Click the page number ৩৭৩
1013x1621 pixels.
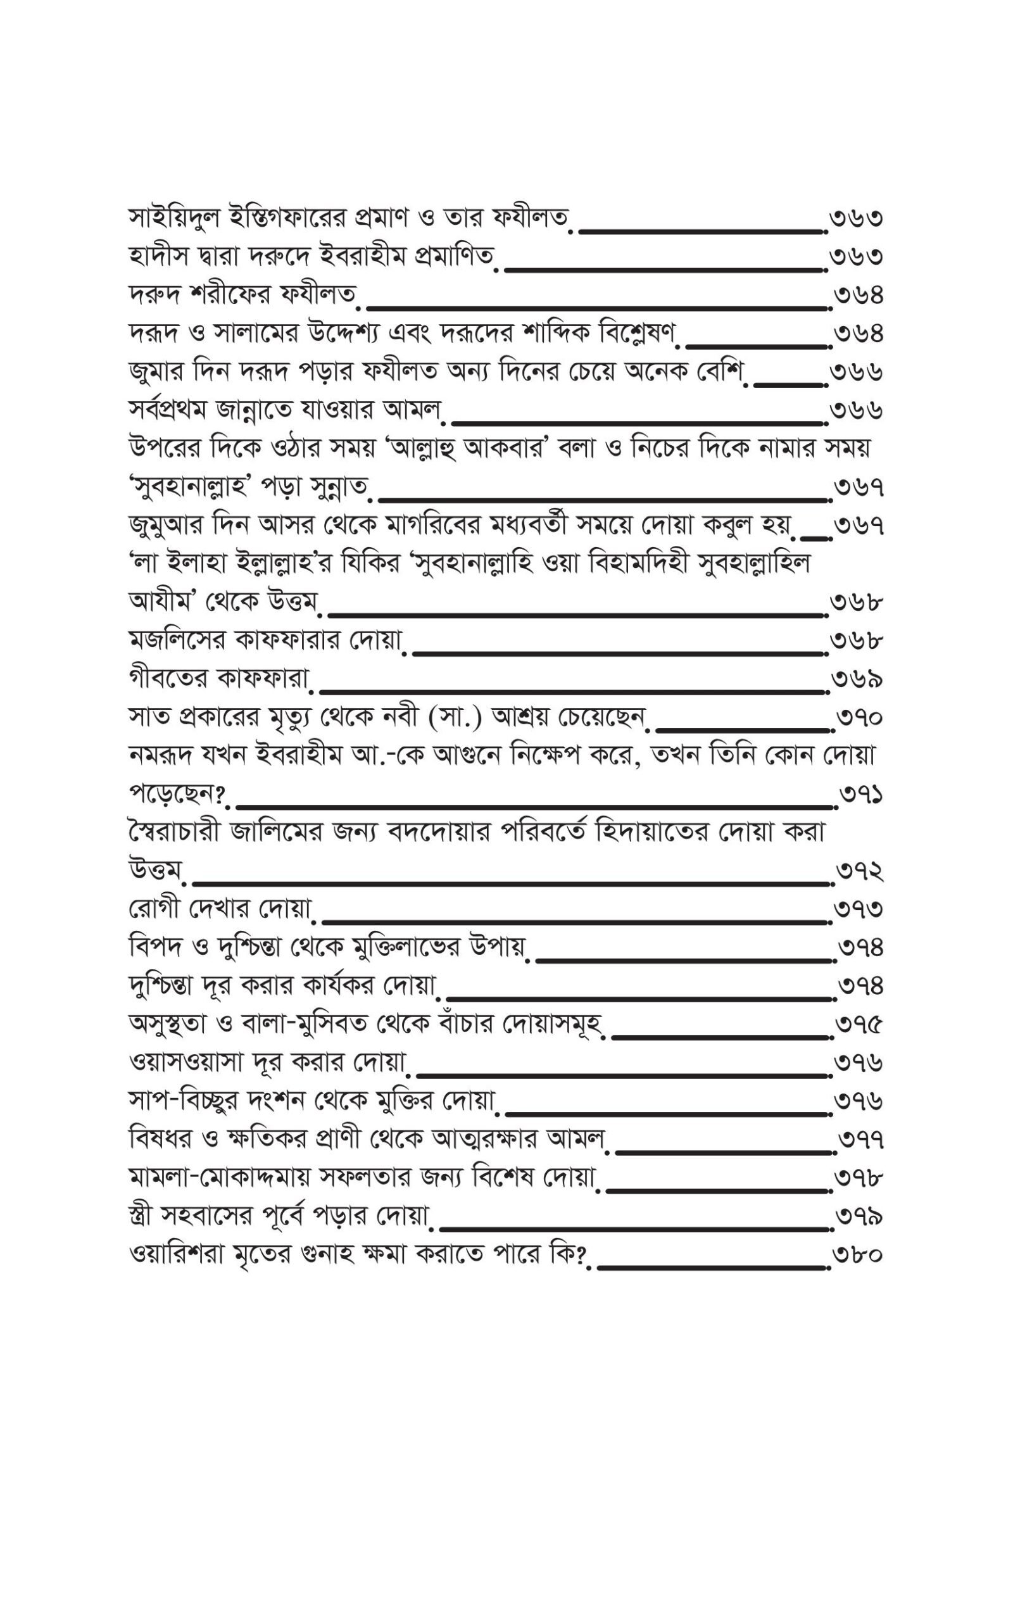click(859, 910)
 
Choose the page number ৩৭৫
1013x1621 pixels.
click(860, 1025)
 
